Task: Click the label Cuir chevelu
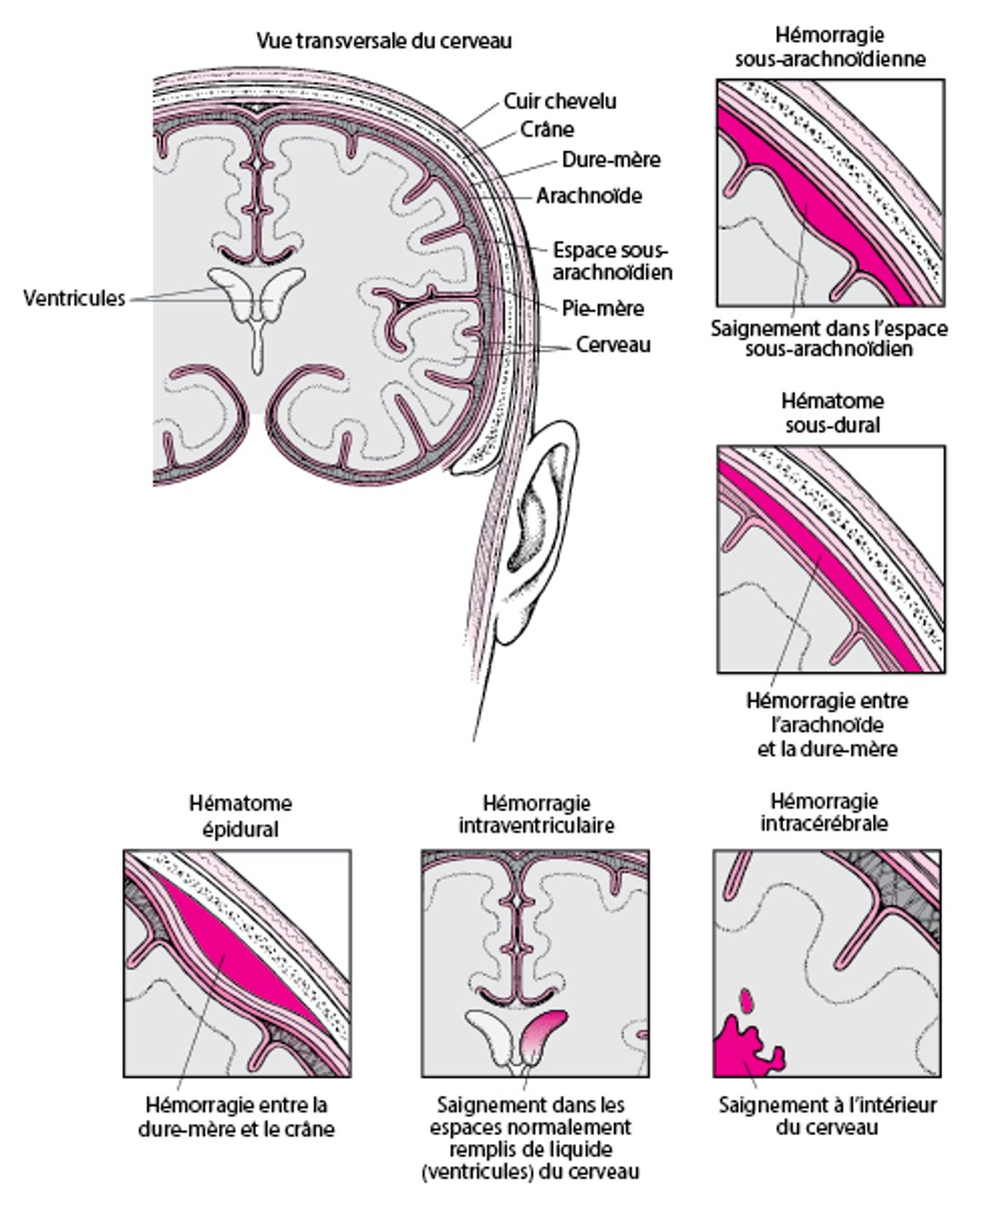tap(559, 101)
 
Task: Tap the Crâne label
tap(547, 129)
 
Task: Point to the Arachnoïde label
tap(589, 196)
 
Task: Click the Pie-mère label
tap(602, 309)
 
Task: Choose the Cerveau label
tap(612, 345)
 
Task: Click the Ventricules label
tap(74, 298)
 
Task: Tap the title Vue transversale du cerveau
tap(384, 41)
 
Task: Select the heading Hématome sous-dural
tap(831, 413)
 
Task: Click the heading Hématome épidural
tap(241, 816)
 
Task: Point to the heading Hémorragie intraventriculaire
tap(536, 814)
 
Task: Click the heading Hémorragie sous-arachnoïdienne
tap(830, 47)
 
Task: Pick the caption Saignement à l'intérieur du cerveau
tap(827, 1116)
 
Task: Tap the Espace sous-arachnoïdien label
tap(612, 261)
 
